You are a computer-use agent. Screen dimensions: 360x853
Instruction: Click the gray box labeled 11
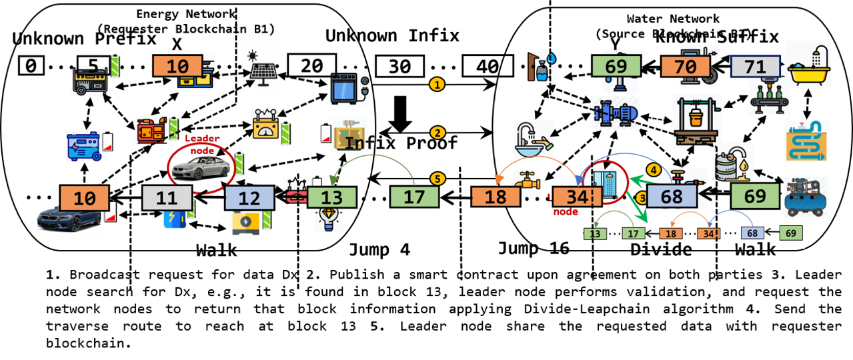pyautogui.click(x=167, y=198)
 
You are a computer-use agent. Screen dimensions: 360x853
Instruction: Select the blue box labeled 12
pyautogui.click(x=249, y=199)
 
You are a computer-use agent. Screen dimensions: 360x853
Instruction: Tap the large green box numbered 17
pyautogui.click(x=414, y=197)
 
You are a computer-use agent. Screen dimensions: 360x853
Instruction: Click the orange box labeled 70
pyautogui.click(x=685, y=66)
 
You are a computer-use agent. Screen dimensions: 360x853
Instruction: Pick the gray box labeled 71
pyautogui.click(x=755, y=66)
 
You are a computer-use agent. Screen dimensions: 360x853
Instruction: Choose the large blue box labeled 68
pyautogui.click(x=672, y=197)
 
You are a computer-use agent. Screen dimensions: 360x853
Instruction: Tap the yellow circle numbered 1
pyautogui.click(x=437, y=85)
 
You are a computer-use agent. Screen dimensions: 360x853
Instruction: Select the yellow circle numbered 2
pyautogui.click(x=437, y=133)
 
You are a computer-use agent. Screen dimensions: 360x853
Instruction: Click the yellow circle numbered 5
pyautogui.click(x=437, y=179)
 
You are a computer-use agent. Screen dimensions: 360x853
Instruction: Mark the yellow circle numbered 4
pyautogui.click(x=654, y=171)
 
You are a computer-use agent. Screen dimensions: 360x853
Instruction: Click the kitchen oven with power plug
pyautogui.click(x=348, y=88)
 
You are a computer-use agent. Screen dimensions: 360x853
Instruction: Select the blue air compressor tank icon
pyautogui.click(x=806, y=196)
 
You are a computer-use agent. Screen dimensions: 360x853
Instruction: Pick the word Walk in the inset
pyautogui.click(x=755, y=248)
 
